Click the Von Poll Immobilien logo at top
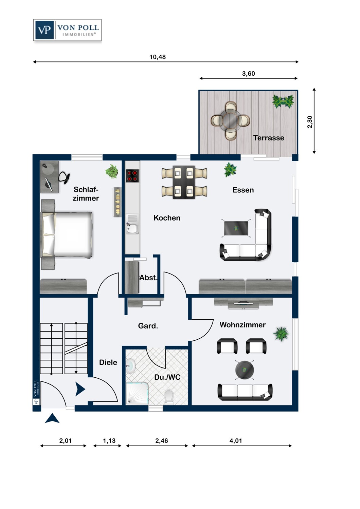pos(67,30)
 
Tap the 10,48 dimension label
pos(157,57)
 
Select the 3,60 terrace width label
pos(248,73)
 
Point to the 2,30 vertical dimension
pos(310,122)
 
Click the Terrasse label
pos(269,138)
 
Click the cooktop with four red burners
pos(132,176)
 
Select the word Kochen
pos(167,218)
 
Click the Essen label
pos(243,190)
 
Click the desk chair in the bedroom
pos(65,177)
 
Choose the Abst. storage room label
pos(148,278)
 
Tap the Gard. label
pos(148,326)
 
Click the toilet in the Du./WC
pos(169,397)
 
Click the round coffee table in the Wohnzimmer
pos(245,370)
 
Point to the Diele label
pos(108,362)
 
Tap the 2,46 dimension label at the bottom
pos(161,440)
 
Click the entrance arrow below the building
pos(52,418)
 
